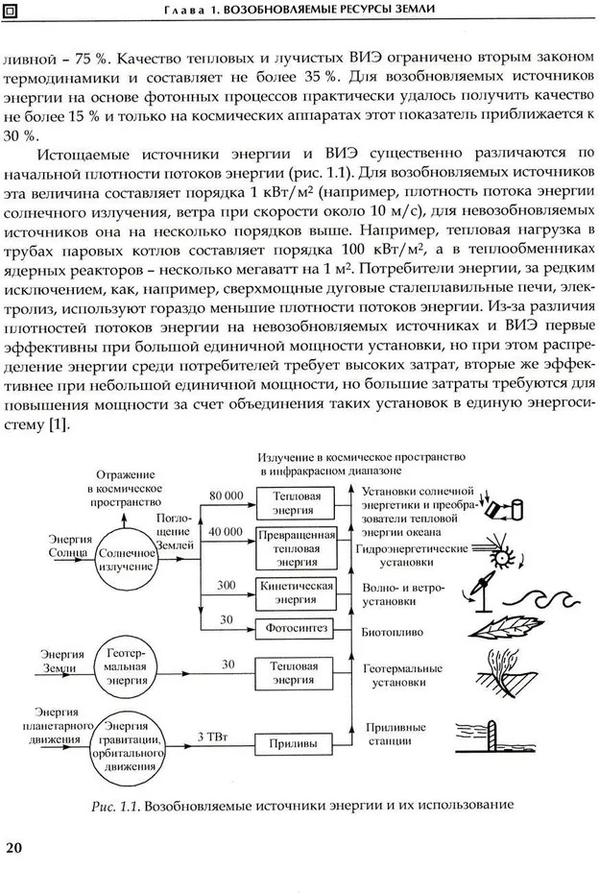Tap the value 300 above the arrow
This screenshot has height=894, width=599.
tap(227, 584)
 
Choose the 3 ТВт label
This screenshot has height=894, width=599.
tap(211, 736)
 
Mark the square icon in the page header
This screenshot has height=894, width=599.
tap(12, 11)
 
